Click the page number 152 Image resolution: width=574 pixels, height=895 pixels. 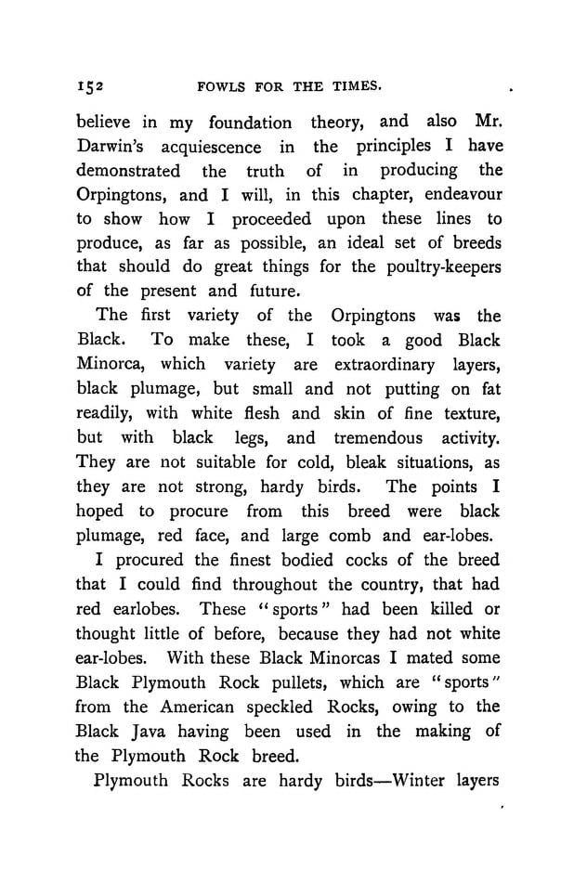click(90, 86)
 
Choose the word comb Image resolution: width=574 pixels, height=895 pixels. click(366, 535)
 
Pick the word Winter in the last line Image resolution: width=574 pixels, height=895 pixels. click(398, 779)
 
